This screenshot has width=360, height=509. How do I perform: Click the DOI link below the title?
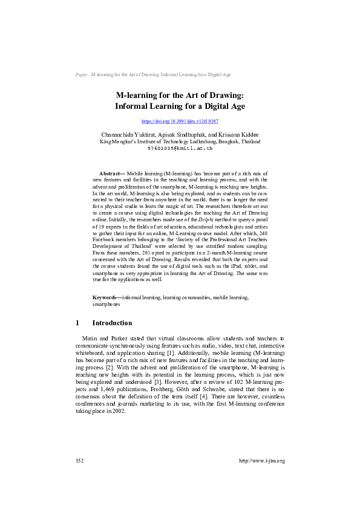(179, 121)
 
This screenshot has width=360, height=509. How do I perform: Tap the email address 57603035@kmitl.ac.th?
(180, 148)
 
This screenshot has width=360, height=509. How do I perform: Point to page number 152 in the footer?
(79, 461)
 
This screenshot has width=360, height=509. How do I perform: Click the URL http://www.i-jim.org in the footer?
(262, 461)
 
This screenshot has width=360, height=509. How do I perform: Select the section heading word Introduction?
(112, 323)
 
